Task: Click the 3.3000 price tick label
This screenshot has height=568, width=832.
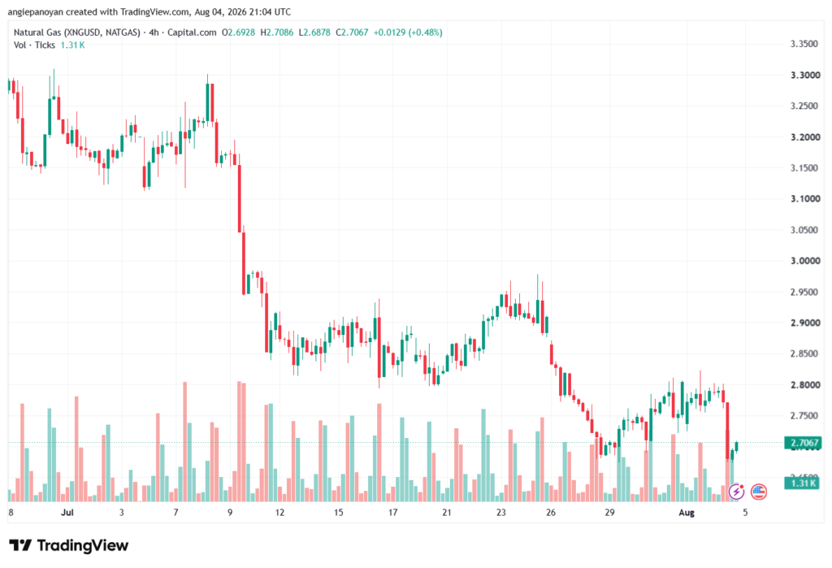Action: point(804,76)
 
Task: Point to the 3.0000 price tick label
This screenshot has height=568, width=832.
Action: point(804,261)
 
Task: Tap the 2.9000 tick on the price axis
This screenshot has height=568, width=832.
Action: point(804,323)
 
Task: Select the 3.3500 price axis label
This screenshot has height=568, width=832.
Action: point(804,44)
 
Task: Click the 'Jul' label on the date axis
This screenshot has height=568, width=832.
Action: point(67,512)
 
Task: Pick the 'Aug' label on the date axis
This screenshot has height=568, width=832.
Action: point(687,512)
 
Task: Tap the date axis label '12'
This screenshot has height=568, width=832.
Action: point(279,512)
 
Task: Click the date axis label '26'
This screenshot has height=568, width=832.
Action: point(551,512)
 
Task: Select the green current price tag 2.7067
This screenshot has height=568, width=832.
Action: point(804,443)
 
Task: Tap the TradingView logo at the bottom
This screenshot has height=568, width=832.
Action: point(69,545)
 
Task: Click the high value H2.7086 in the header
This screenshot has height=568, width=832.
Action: point(276,33)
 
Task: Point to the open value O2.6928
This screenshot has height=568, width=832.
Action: point(238,33)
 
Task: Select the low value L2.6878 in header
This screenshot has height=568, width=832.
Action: point(314,33)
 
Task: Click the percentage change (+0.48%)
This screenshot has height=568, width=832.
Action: point(424,33)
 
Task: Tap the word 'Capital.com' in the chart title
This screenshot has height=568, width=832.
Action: point(192,33)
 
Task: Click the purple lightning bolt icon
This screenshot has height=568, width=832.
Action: point(736,492)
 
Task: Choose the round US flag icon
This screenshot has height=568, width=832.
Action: point(759,492)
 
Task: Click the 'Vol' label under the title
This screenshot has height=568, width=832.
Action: point(19,46)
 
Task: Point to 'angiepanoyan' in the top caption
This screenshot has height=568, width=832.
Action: point(36,11)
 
